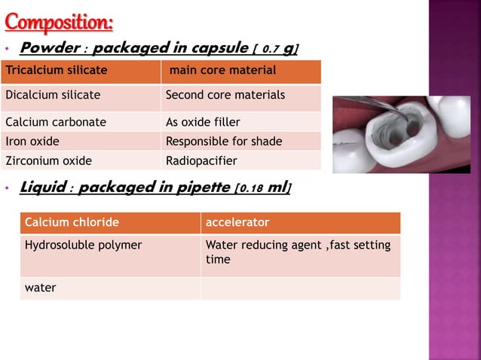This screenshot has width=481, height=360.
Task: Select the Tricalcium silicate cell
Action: pyautogui.click(x=81, y=71)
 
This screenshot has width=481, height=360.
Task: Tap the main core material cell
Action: pyautogui.click(x=241, y=71)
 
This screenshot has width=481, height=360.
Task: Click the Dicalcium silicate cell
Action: pyautogui.click(x=81, y=96)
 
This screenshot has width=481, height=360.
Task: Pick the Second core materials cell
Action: pyautogui.click(x=241, y=96)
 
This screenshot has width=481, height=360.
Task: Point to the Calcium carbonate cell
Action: pyautogui.click(x=81, y=122)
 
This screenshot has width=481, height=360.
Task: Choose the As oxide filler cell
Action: pyautogui.click(x=241, y=122)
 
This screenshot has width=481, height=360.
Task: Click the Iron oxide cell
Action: pyautogui.click(x=81, y=141)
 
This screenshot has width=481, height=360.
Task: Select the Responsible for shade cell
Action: pyautogui.click(x=241, y=141)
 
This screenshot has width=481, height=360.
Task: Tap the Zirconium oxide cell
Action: pyautogui.click(x=81, y=160)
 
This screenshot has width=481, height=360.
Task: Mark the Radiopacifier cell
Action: pyautogui.click(x=241, y=160)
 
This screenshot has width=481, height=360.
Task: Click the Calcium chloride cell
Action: pyautogui.click(x=110, y=223)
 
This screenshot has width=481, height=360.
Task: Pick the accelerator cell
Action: pyautogui.click(x=300, y=223)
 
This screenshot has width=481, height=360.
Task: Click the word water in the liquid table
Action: pyautogui.click(x=41, y=288)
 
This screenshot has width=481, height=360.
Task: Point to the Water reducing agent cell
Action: pyautogui.click(x=300, y=252)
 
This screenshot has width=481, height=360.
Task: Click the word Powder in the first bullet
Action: pyautogui.click(x=49, y=48)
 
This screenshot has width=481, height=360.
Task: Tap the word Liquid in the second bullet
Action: pyautogui.click(x=42, y=187)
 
